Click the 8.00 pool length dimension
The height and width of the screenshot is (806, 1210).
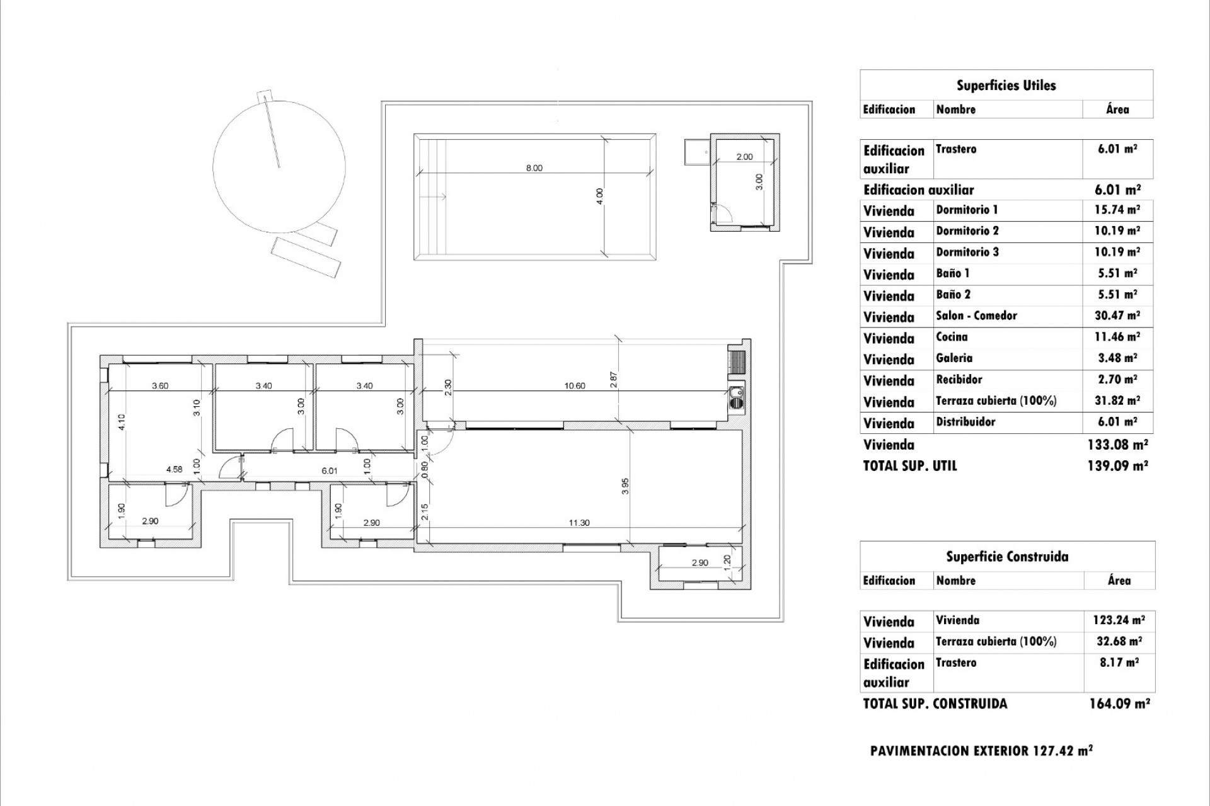point(534,168)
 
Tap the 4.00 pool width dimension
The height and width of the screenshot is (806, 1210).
point(599,196)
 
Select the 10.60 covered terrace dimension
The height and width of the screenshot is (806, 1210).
point(575,386)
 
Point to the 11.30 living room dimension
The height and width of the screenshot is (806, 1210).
point(579,523)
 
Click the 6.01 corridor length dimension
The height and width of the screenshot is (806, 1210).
point(330,470)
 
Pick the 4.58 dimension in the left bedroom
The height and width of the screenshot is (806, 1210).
point(174,469)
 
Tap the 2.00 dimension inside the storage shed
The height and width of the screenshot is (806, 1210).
point(744,157)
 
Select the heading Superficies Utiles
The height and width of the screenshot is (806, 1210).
point(1006,86)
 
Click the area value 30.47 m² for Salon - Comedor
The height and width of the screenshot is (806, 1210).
point(1117,315)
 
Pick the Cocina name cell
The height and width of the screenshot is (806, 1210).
point(952,337)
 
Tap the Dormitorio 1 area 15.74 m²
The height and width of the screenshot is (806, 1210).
point(1117,210)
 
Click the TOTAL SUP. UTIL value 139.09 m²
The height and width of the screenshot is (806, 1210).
point(1117,467)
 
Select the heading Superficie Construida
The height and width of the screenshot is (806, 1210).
point(1007,557)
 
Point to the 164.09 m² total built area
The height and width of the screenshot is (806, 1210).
point(1119,704)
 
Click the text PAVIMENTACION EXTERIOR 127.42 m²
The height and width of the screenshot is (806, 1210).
point(981,751)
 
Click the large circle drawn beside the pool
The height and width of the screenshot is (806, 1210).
point(279,166)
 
